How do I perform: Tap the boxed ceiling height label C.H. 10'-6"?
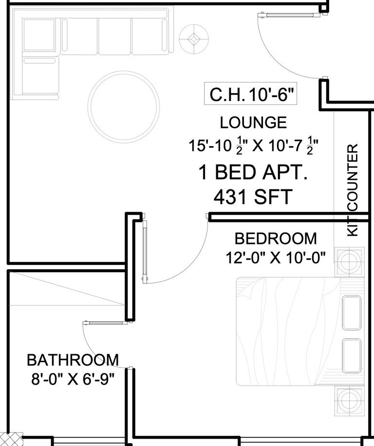[251, 94]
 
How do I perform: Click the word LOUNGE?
[253, 122]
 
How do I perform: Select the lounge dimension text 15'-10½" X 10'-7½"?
[253, 145]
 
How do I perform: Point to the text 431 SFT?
[253, 197]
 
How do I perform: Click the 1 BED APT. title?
[253, 172]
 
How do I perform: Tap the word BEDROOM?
[276, 238]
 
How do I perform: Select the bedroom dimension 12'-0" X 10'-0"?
[276, 258]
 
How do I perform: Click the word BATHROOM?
[73, 360]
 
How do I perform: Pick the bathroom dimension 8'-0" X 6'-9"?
[73, 379]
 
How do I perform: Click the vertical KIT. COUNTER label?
[353, 190]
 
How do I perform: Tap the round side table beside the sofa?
[194, 39]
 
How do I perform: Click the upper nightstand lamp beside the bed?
[349, 262]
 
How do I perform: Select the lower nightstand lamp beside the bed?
[349, 401]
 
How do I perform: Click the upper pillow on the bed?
[352, 313]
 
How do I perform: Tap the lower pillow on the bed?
[352, 356]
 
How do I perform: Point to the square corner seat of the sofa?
[39, 35]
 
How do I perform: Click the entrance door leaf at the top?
[289, 15]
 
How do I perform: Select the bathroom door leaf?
[105, 323]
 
